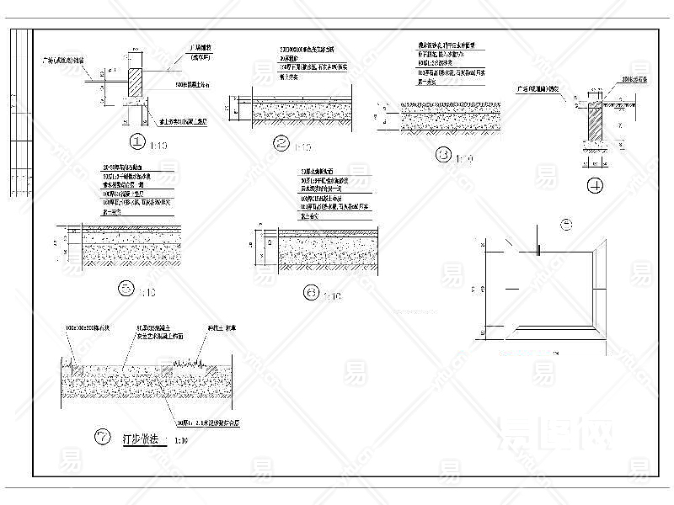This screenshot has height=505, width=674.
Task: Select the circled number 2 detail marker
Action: (282, 143)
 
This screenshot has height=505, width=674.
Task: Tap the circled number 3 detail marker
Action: (444, 155)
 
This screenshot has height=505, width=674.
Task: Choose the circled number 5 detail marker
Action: (126, 289)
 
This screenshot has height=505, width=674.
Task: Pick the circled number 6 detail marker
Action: (313, 293)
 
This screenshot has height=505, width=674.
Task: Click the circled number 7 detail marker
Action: (103, 436)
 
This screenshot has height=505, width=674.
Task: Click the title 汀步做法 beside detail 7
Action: (141, 439)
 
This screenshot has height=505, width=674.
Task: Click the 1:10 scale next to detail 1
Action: (158, 146)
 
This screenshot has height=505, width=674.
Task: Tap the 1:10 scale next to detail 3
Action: (464, 158)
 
